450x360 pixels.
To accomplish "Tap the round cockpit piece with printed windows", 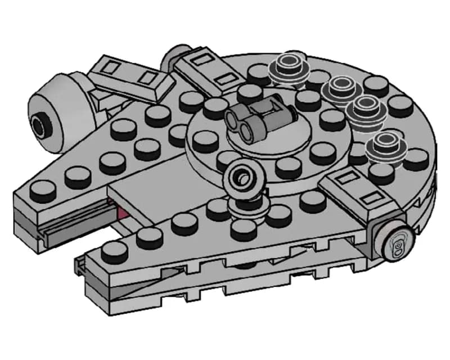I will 397,244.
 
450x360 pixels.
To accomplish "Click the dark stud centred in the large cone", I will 39,124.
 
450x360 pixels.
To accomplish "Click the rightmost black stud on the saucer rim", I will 416,160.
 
